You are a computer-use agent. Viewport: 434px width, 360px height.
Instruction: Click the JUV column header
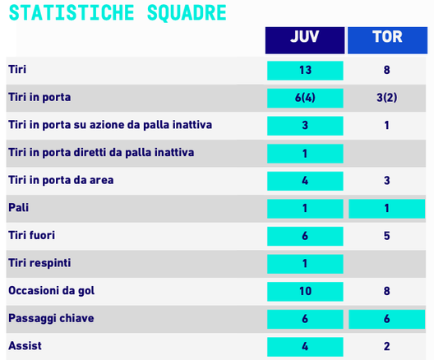coord(304,38)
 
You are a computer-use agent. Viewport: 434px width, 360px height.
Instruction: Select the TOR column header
coord(386,38)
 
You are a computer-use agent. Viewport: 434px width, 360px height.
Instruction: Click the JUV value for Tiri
coord(304,70)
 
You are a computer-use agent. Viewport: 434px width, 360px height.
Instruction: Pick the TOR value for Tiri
coord(386,70)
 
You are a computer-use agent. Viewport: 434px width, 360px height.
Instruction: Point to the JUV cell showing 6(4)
coord(304,98)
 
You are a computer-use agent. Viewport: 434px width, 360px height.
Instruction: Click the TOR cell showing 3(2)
coord(386,98)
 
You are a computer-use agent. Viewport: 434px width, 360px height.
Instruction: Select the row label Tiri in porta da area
coord(61,180)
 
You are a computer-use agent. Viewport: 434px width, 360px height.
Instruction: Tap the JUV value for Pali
coord(304,209)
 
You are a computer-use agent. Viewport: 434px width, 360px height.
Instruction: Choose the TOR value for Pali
coord(386,209)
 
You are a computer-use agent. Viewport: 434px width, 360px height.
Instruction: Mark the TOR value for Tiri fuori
coord(386,236)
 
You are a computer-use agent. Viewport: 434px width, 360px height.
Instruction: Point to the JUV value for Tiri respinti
coord(304,263)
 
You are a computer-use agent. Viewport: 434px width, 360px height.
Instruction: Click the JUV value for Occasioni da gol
coord(304,291)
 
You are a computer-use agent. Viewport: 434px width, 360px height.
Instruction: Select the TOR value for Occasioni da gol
coord(386,291)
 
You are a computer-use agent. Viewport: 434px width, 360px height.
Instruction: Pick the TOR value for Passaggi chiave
coord(386,319)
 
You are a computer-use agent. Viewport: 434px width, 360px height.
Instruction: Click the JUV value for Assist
coord(304,346)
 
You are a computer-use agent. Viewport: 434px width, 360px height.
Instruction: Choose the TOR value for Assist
coord(386,346)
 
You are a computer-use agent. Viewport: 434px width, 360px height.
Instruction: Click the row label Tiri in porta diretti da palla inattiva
coord(101,153)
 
